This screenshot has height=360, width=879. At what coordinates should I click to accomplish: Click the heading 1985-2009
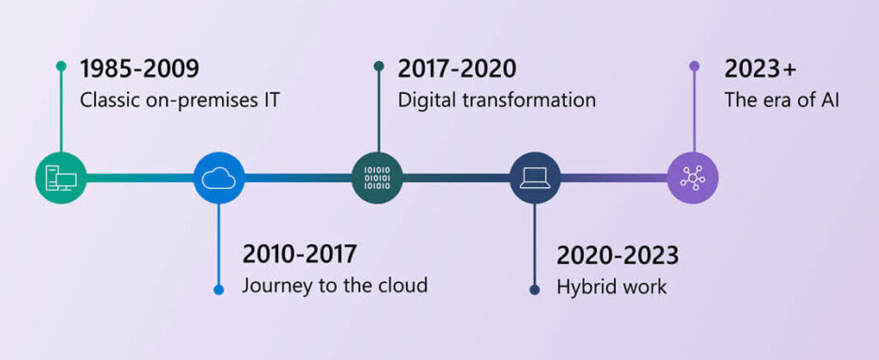coord(139,69)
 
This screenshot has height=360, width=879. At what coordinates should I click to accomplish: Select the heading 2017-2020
coord(457,69)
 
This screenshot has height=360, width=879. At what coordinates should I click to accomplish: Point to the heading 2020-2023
coord(617,255)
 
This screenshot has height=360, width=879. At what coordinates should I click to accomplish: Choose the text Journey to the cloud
coord(335,285)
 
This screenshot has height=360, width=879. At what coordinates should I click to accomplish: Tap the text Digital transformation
coord(496,99)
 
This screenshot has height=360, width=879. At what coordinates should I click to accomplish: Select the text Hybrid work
coord(611,287)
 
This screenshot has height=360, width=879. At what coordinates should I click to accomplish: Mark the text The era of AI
coord(781,99)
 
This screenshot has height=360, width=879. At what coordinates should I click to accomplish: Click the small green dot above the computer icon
coord(61,67)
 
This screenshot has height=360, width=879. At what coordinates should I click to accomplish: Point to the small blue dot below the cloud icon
coord(219,289)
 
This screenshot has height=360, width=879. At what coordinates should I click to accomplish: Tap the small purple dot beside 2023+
coord(694,67)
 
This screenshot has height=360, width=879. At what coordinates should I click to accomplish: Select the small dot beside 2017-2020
coord(378,67)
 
